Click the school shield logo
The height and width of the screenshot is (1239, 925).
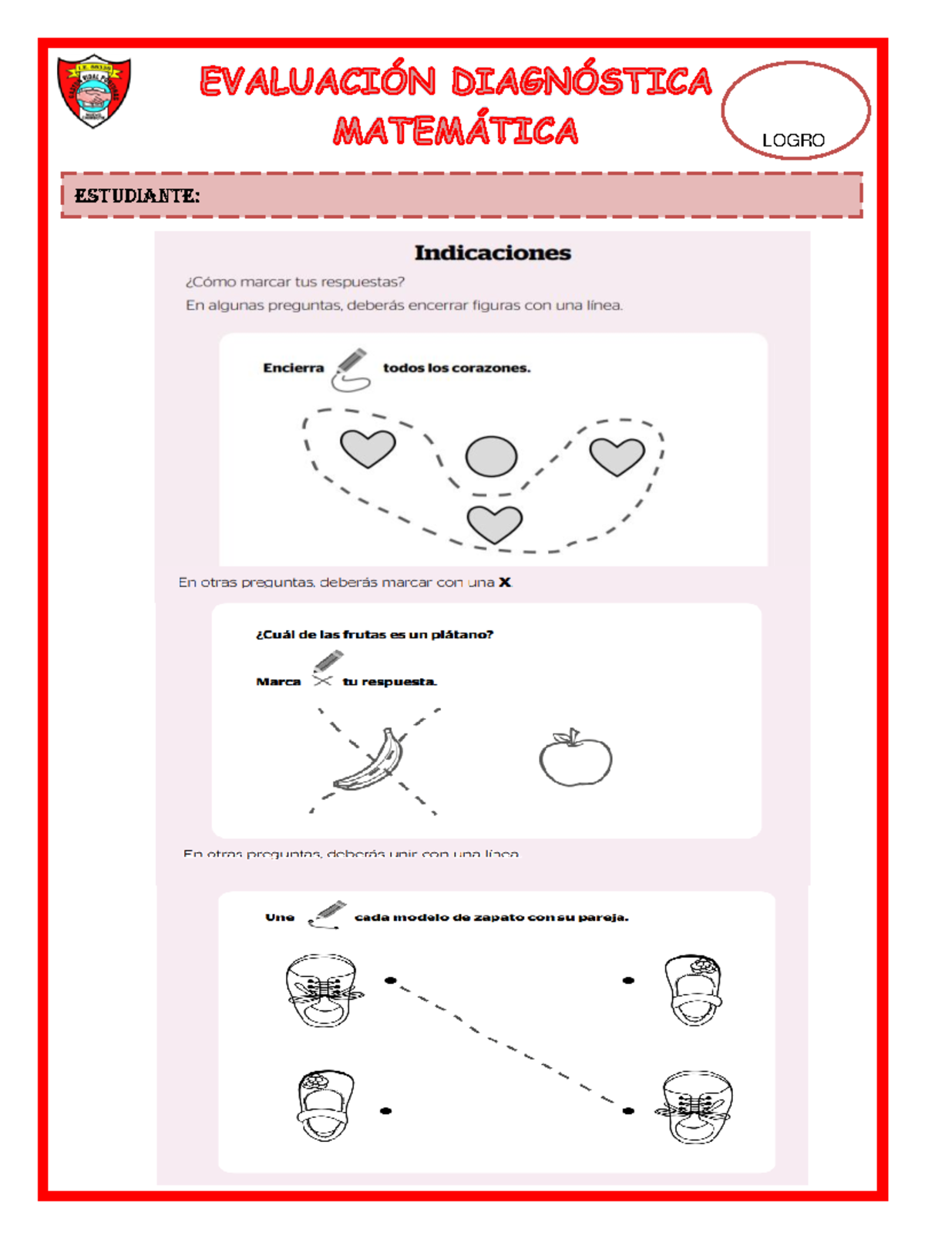point(94,91)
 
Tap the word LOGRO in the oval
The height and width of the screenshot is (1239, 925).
point(793,140)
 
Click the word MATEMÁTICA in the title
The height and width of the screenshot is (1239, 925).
point(456,131)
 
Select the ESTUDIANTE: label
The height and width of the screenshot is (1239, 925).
point(136,196)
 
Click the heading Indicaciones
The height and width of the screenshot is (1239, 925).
point(493,253)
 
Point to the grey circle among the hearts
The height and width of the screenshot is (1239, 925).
point(491,456)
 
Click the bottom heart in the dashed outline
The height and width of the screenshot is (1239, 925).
point(495,524)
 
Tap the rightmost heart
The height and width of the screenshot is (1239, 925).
point(617,455)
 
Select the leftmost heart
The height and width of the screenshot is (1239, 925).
point(368,448)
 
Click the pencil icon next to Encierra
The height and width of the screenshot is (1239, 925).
point(351,369)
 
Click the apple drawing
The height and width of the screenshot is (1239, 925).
point(575,758)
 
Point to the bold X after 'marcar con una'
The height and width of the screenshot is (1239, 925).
point(505,583)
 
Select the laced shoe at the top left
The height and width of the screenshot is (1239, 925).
point(321,990)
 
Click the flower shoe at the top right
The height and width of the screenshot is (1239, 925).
point(693,990)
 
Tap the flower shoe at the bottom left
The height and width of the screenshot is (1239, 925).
point(325,1105)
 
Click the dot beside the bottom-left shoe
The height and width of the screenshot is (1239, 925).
point(386,1111)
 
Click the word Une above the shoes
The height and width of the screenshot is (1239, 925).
point(280,918)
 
